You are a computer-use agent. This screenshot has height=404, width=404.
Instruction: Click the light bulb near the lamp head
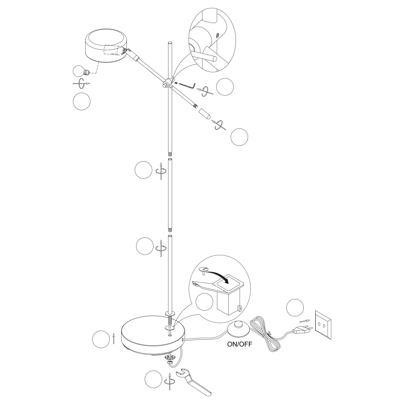pyautogui.click(x=81, y=71)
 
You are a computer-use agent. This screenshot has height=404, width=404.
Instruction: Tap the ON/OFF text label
pyautogui.click(x=240, y=344)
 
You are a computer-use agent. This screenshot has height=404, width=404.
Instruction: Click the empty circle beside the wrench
pyautogui.click(x=154, y=379)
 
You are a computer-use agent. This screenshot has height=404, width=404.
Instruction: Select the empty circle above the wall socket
pyautogui.click(x=295, y=307)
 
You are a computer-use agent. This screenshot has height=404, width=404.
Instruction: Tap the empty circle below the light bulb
pyautogui.click(x=82, y=101)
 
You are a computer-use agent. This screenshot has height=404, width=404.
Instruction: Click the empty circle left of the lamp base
pyautogui.click(x=101, y=339)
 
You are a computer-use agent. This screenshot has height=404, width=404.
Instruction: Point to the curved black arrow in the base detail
pyautogui.click(x=219, y=275)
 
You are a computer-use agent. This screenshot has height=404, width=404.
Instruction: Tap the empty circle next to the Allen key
pyautogui.click(x=225, y=87)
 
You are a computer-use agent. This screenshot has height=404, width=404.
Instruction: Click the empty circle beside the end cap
pyautogui.click(x=239, y=137)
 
